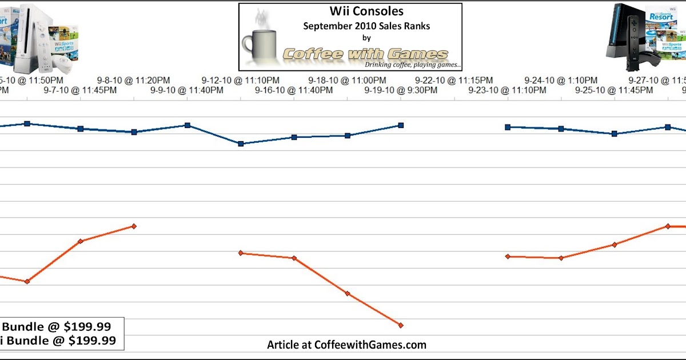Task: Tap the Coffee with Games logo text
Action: click(366, 54)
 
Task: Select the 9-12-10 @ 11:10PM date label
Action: click(241, 81)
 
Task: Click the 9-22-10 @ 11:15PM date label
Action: click(454, 81)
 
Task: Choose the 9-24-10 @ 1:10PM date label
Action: click(561, 81)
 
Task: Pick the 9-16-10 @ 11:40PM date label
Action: click(294, 90)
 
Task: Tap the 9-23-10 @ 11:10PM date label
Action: click(507, 90)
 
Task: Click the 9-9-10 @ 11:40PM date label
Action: click(188, 90)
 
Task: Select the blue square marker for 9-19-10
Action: click(401, 125)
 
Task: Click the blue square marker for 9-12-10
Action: click(241, 143)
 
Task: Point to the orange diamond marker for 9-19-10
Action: click(401, 325)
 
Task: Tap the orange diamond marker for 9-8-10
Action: click(134, 226)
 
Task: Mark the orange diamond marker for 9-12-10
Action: click(241, 253)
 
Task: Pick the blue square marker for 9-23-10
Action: click(507, 127)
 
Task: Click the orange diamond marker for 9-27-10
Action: click(667, 226)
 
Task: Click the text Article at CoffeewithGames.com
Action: click(346, 345)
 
